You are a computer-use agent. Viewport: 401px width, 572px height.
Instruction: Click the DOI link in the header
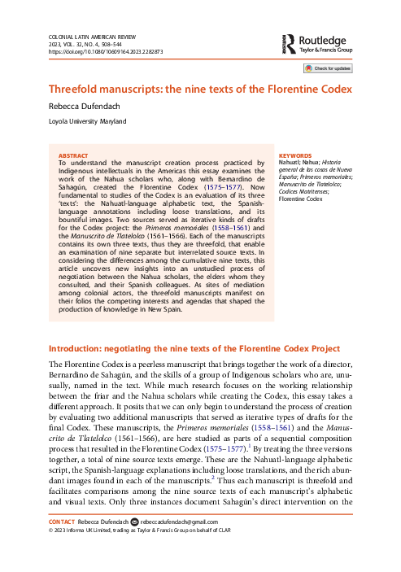point(105,50)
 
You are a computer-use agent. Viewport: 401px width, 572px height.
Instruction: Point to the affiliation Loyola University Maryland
point(87,122)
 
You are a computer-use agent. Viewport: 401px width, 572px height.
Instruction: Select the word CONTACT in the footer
point(63,544)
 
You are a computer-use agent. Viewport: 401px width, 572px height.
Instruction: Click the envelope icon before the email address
point(135,544)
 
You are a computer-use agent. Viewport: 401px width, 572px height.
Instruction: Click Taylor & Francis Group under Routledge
point(333,49)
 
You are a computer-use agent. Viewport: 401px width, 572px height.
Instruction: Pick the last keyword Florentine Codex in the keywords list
point(301,199)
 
